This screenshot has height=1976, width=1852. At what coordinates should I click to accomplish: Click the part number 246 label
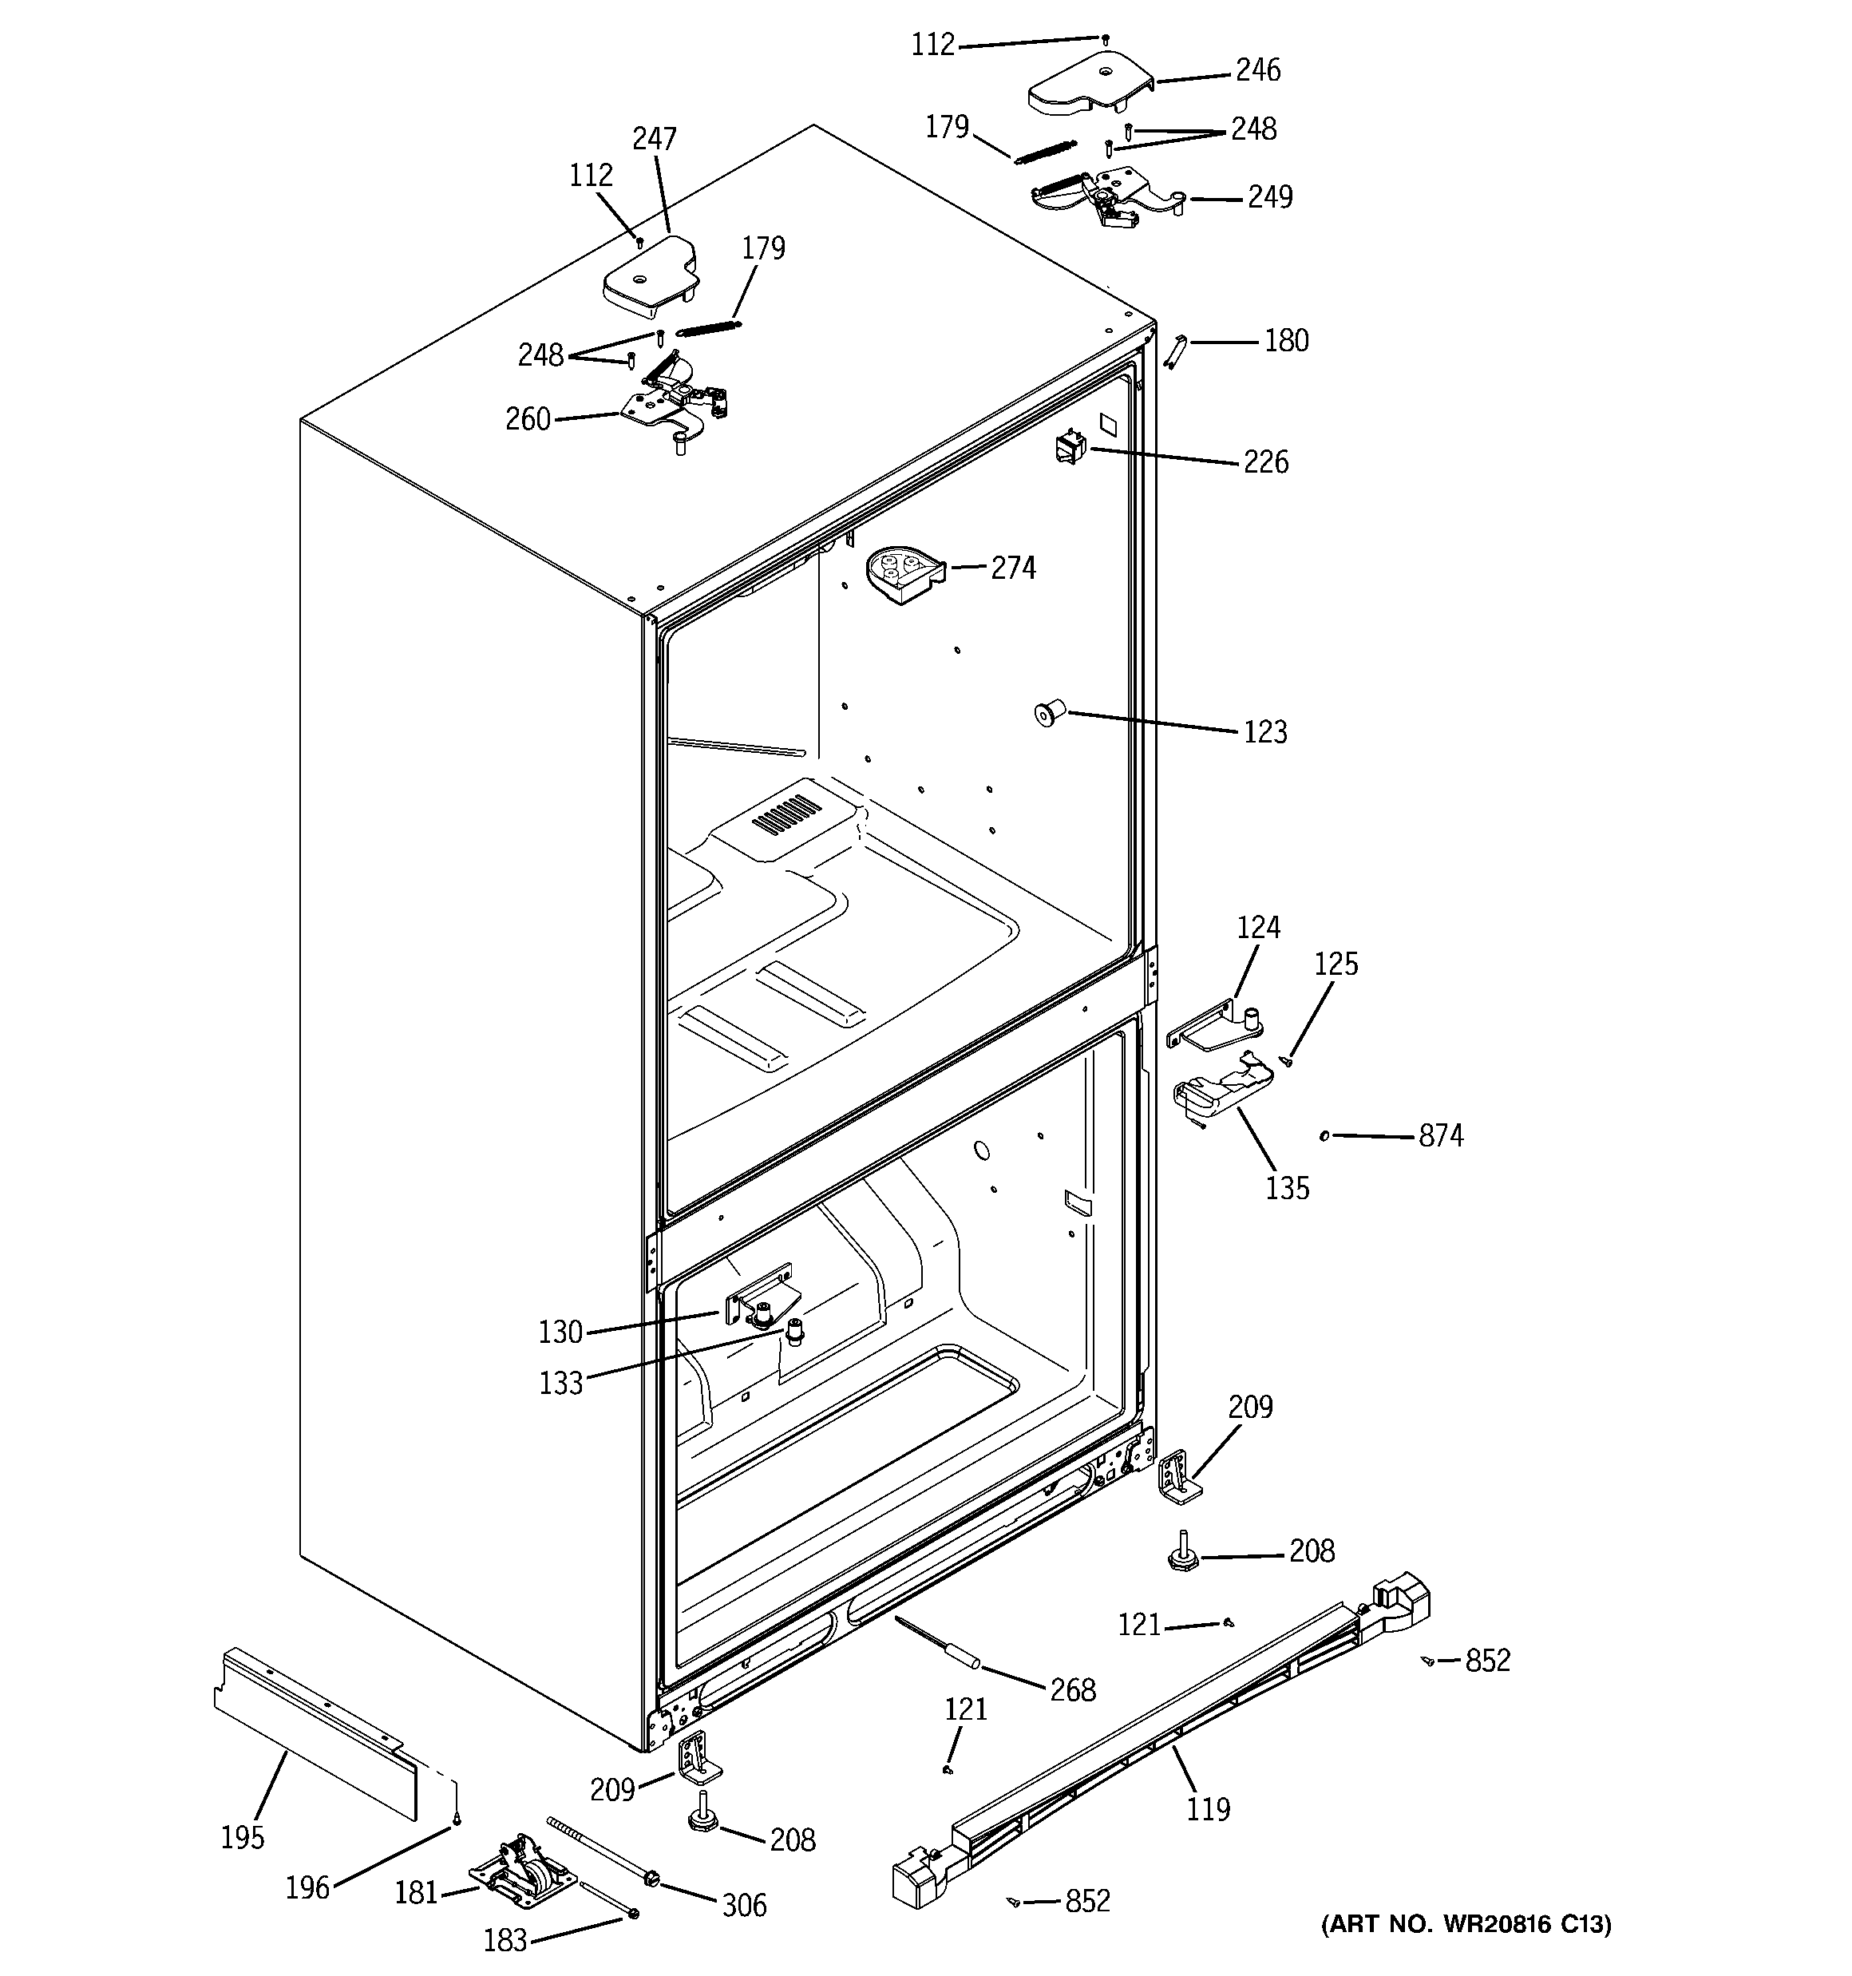[1257, 70]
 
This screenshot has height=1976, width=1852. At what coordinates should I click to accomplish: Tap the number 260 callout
[527, 419]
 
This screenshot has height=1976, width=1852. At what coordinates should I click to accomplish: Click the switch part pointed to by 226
[1070, 450]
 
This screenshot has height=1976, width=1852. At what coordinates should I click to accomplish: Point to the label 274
[1012, 568]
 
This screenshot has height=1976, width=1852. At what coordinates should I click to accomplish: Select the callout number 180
[1285, 341]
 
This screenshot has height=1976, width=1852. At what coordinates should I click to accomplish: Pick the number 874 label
[1440, 1135]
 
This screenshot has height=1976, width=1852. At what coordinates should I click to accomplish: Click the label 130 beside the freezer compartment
[560, 1332]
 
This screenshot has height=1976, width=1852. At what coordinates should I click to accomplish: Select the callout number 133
[560, 1384]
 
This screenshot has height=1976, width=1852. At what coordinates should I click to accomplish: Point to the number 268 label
[1073, 1689]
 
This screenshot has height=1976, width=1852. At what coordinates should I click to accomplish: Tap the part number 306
[743, 1906]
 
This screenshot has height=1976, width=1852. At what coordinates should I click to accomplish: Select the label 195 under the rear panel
[243, 1838]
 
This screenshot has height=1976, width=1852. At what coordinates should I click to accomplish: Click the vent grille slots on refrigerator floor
[786, 812]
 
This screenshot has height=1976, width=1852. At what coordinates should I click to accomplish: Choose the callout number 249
[1269, 197]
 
